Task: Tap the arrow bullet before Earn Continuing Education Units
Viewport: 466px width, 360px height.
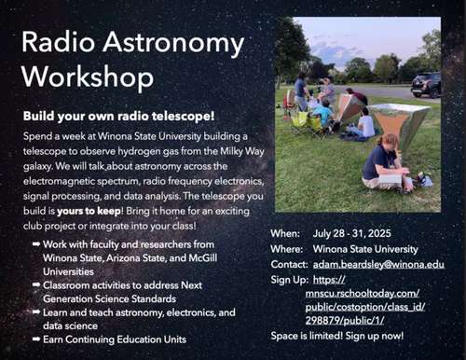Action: (x=34, y=339)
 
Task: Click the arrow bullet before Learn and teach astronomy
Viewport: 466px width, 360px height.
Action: (x=34, y=312)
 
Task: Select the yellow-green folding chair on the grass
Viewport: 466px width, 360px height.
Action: (x=302, y=120)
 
